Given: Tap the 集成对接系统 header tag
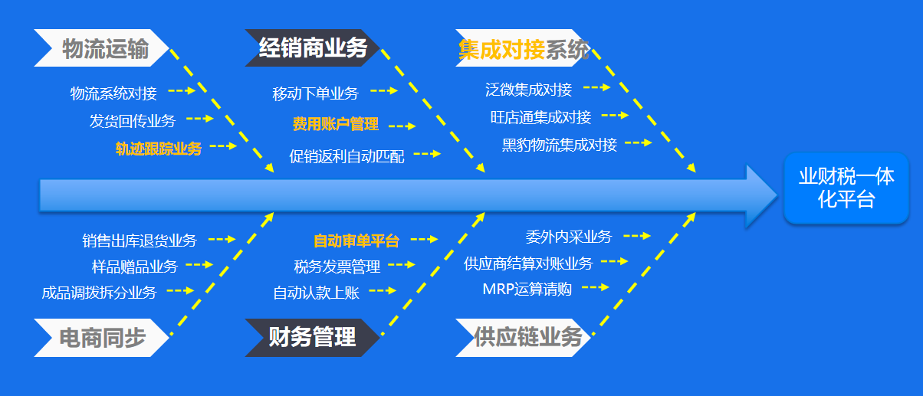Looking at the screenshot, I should coord(523,50).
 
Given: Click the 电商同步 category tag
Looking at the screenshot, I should coord(102,338).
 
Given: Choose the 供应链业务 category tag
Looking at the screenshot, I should coord(524,338).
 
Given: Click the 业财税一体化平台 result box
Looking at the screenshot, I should coord(846,188).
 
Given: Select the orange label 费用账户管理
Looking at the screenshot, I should coord(335,124).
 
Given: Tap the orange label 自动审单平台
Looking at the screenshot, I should coord(356,241).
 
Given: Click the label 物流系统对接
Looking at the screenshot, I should coord(113,93).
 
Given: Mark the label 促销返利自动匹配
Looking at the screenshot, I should coord(347,157).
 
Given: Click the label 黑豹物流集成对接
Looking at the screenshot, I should coord(560,145).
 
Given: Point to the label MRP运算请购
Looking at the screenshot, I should coord(527,290).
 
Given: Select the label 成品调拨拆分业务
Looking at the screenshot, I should coord(99,293).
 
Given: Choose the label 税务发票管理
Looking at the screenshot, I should coord(337,267).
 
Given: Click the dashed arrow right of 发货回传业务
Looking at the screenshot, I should coord(200,119).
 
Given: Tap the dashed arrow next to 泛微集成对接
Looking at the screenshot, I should coord(596,87).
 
